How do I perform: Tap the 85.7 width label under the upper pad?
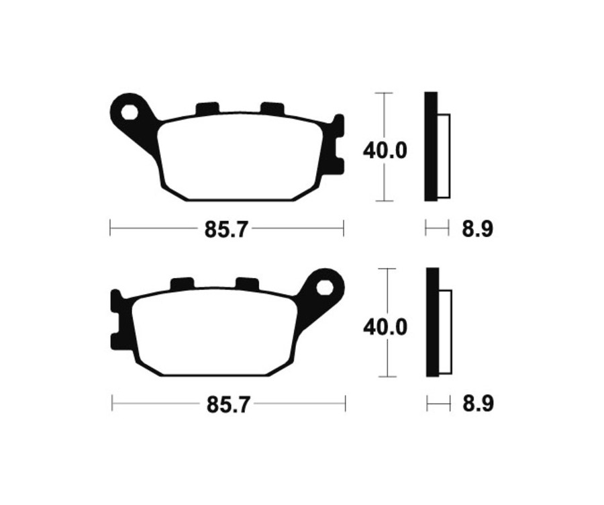[x=226, y=230]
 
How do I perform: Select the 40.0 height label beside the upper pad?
[x=385, y=150]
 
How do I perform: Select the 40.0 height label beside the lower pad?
[x=385, y=327]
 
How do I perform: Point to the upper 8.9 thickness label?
[x=477, y=230]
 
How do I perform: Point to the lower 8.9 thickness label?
[x=477, y=405]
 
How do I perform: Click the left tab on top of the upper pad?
[x=207, y=108]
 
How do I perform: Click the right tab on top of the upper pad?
[x=272, y=107]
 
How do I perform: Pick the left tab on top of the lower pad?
[x=182, y=284]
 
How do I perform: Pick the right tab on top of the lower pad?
[x=246, y=284]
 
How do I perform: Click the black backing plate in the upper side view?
[x=431, y=146]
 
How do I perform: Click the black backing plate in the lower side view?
[x=432, y=322]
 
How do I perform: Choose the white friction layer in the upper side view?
[x=444, y=156]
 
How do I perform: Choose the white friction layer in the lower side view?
[x=446, y=332]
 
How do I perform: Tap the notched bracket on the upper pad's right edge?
[x=337, y=144]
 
